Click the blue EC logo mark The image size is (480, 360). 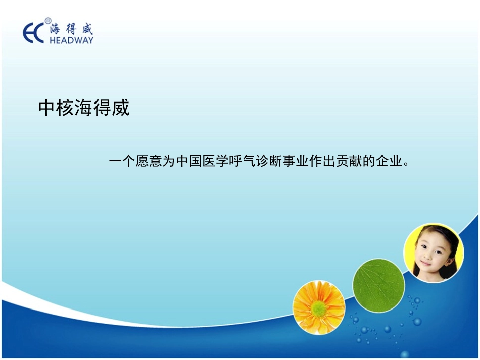[34, 33]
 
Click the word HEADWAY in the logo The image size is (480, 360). [71, 40]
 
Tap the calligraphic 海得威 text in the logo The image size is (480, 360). [71, 28]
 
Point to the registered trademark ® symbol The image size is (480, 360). [48, 21]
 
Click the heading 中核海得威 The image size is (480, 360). [84, 108]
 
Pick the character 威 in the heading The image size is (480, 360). [121, 108]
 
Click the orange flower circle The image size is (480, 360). [319, 306]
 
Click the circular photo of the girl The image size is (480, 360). [433, 253]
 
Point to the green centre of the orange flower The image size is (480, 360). [318, 307]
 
